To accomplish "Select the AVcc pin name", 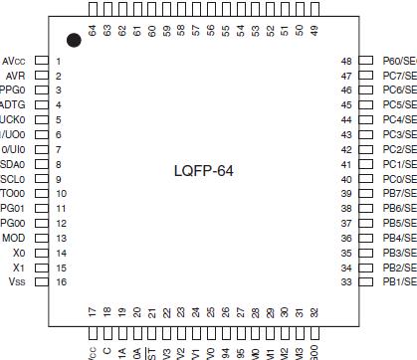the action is [x=15, y=61].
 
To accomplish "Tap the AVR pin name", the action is [x=15, y=76].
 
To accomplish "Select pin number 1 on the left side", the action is [x=59, y=61].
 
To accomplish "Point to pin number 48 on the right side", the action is [x=347, y=61].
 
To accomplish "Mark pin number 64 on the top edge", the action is [x=93, y=30].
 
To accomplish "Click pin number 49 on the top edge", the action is [x=314, y=30].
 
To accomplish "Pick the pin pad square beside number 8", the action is [x=41, y=164].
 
